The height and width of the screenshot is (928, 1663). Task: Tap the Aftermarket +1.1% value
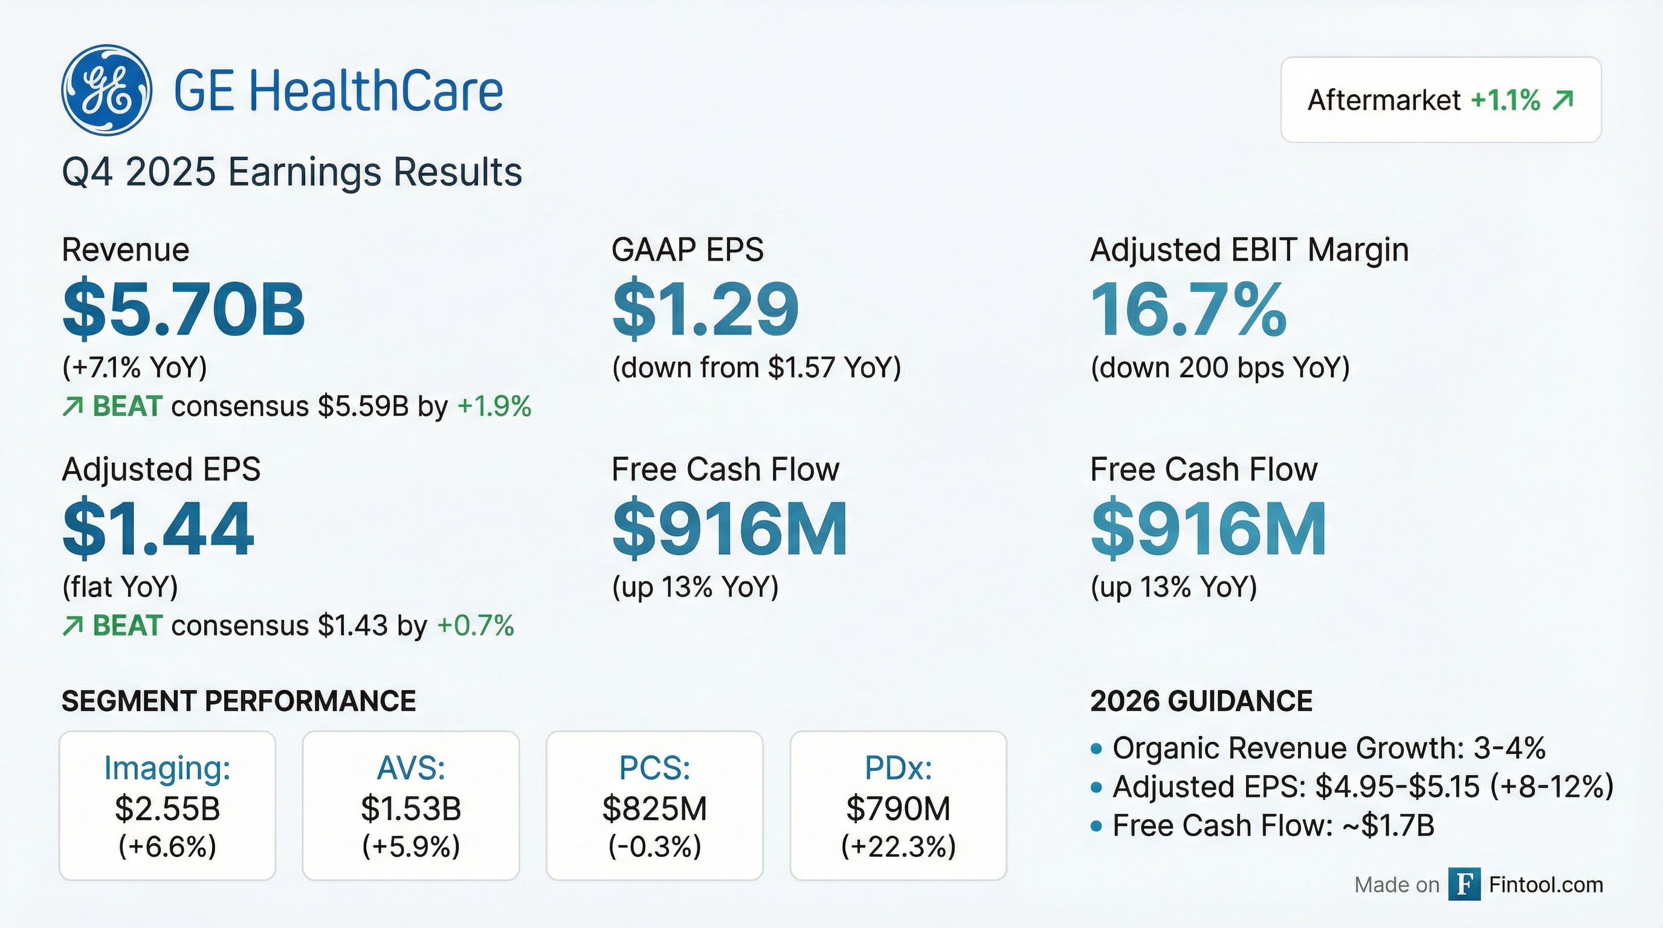[1505, 101]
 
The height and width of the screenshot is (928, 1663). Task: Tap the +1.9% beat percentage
[494, 407]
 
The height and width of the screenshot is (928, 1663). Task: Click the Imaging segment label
[167, 768]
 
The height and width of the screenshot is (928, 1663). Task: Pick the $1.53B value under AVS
[410, 808]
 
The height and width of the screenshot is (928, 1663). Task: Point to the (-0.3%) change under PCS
[654, 846]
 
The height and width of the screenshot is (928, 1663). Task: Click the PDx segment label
[898, 768]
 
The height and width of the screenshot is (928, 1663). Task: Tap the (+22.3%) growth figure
[898, 846]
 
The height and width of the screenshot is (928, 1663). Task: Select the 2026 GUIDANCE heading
[1201, 701]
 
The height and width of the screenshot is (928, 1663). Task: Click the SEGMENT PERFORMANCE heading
[238, 701]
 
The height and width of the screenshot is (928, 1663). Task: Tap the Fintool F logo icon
[1464, 884]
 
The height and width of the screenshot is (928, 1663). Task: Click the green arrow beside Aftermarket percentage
[1563, 101]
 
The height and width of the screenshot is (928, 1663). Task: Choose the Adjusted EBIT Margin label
[1249, 250]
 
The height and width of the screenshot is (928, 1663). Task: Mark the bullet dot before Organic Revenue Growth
[1096, 749]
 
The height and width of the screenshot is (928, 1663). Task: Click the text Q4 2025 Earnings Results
[292, 172]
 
